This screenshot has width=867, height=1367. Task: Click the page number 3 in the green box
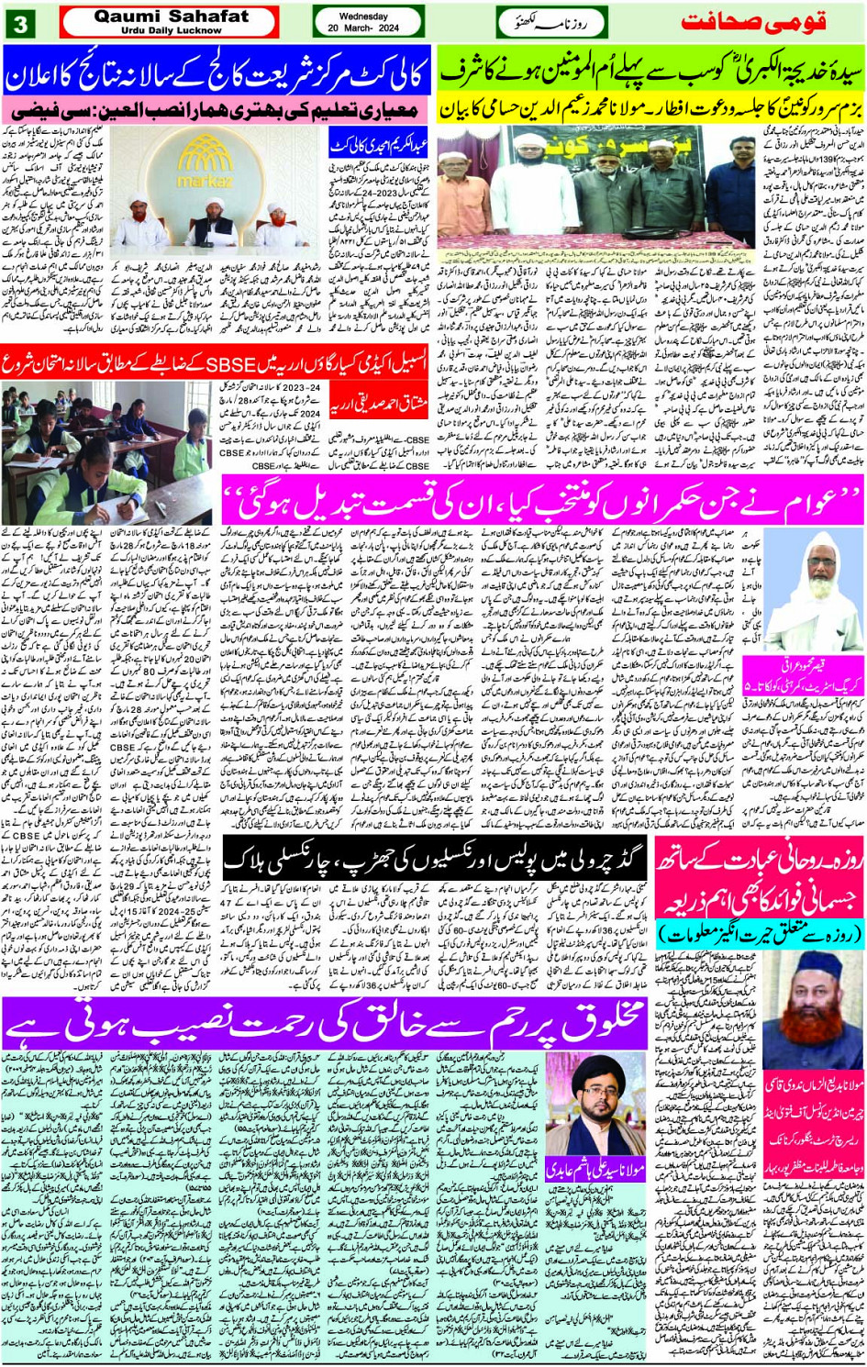tap(19, 23)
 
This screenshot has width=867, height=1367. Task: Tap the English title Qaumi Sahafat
tap(172, 17)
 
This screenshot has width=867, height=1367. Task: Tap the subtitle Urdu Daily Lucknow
tap(172, 30)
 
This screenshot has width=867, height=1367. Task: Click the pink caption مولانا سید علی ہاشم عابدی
tap(596, 1170)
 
